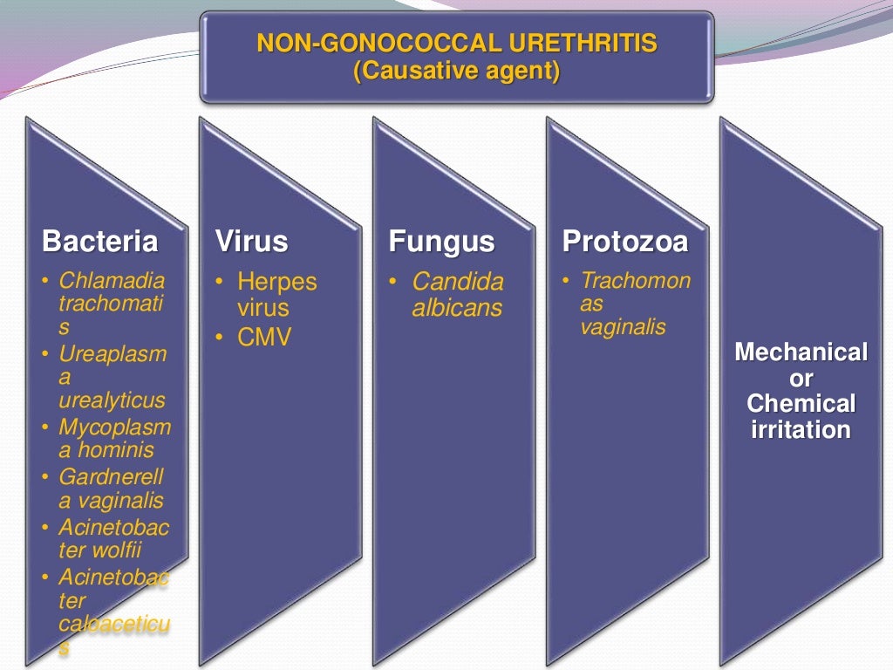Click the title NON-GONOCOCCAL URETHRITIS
[456, 43]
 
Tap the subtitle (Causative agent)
[456, 70]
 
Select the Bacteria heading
[100, 242]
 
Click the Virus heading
[251, 242]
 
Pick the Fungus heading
[441, 242]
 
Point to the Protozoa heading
[625, 242]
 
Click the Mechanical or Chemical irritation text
[801, 391]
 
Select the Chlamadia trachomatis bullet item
[111, 304]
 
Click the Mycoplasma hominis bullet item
[114, 439]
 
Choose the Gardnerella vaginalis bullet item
[111, 489]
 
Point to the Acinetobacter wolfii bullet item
[113, 539]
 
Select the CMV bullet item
[263, 338]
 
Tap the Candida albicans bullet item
[457, 295]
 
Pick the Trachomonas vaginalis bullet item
[635, 304]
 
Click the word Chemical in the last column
[801, 404]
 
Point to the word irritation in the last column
[801, 430]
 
